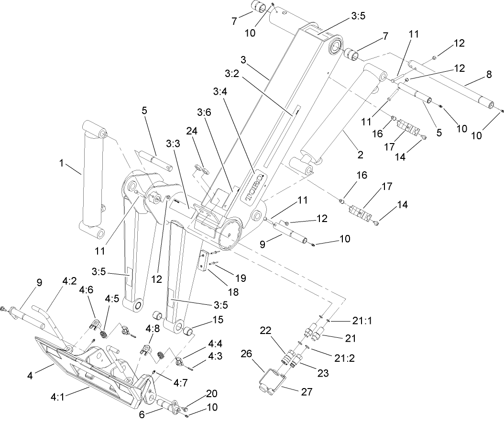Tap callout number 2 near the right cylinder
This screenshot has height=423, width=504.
360,155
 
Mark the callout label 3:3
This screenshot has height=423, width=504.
174,144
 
